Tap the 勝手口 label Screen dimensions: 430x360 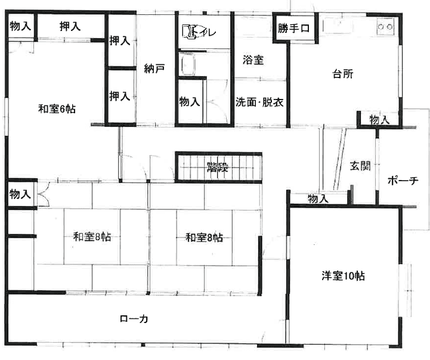(x=293, y=28)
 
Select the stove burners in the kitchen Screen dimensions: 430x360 (x=385, y=27)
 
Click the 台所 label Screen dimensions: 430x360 (x=343, y=74)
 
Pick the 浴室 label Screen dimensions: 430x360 (x=253, y=60)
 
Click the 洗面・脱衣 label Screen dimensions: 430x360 (x=259, y=102)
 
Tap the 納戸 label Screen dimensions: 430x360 (x=154, y=69)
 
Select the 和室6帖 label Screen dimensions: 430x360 (x=57, y=108)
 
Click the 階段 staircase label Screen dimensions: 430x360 (x=218, y=167)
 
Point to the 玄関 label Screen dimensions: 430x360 (x=360, y=166)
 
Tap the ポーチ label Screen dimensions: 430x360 (x=403, y=181)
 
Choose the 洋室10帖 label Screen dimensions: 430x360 (x=343, y=276)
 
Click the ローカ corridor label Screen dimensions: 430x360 (x=134, y=319)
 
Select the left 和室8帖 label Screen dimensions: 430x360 (x=92, y=237)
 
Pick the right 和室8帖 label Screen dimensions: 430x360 (x=205, y=237)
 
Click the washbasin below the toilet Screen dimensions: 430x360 (x=187, y=64)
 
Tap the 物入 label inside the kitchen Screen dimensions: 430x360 (x=379, y=120)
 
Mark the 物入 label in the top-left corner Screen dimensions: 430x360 (x=20, y=26)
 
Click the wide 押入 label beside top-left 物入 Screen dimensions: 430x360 (x=70, y=26)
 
